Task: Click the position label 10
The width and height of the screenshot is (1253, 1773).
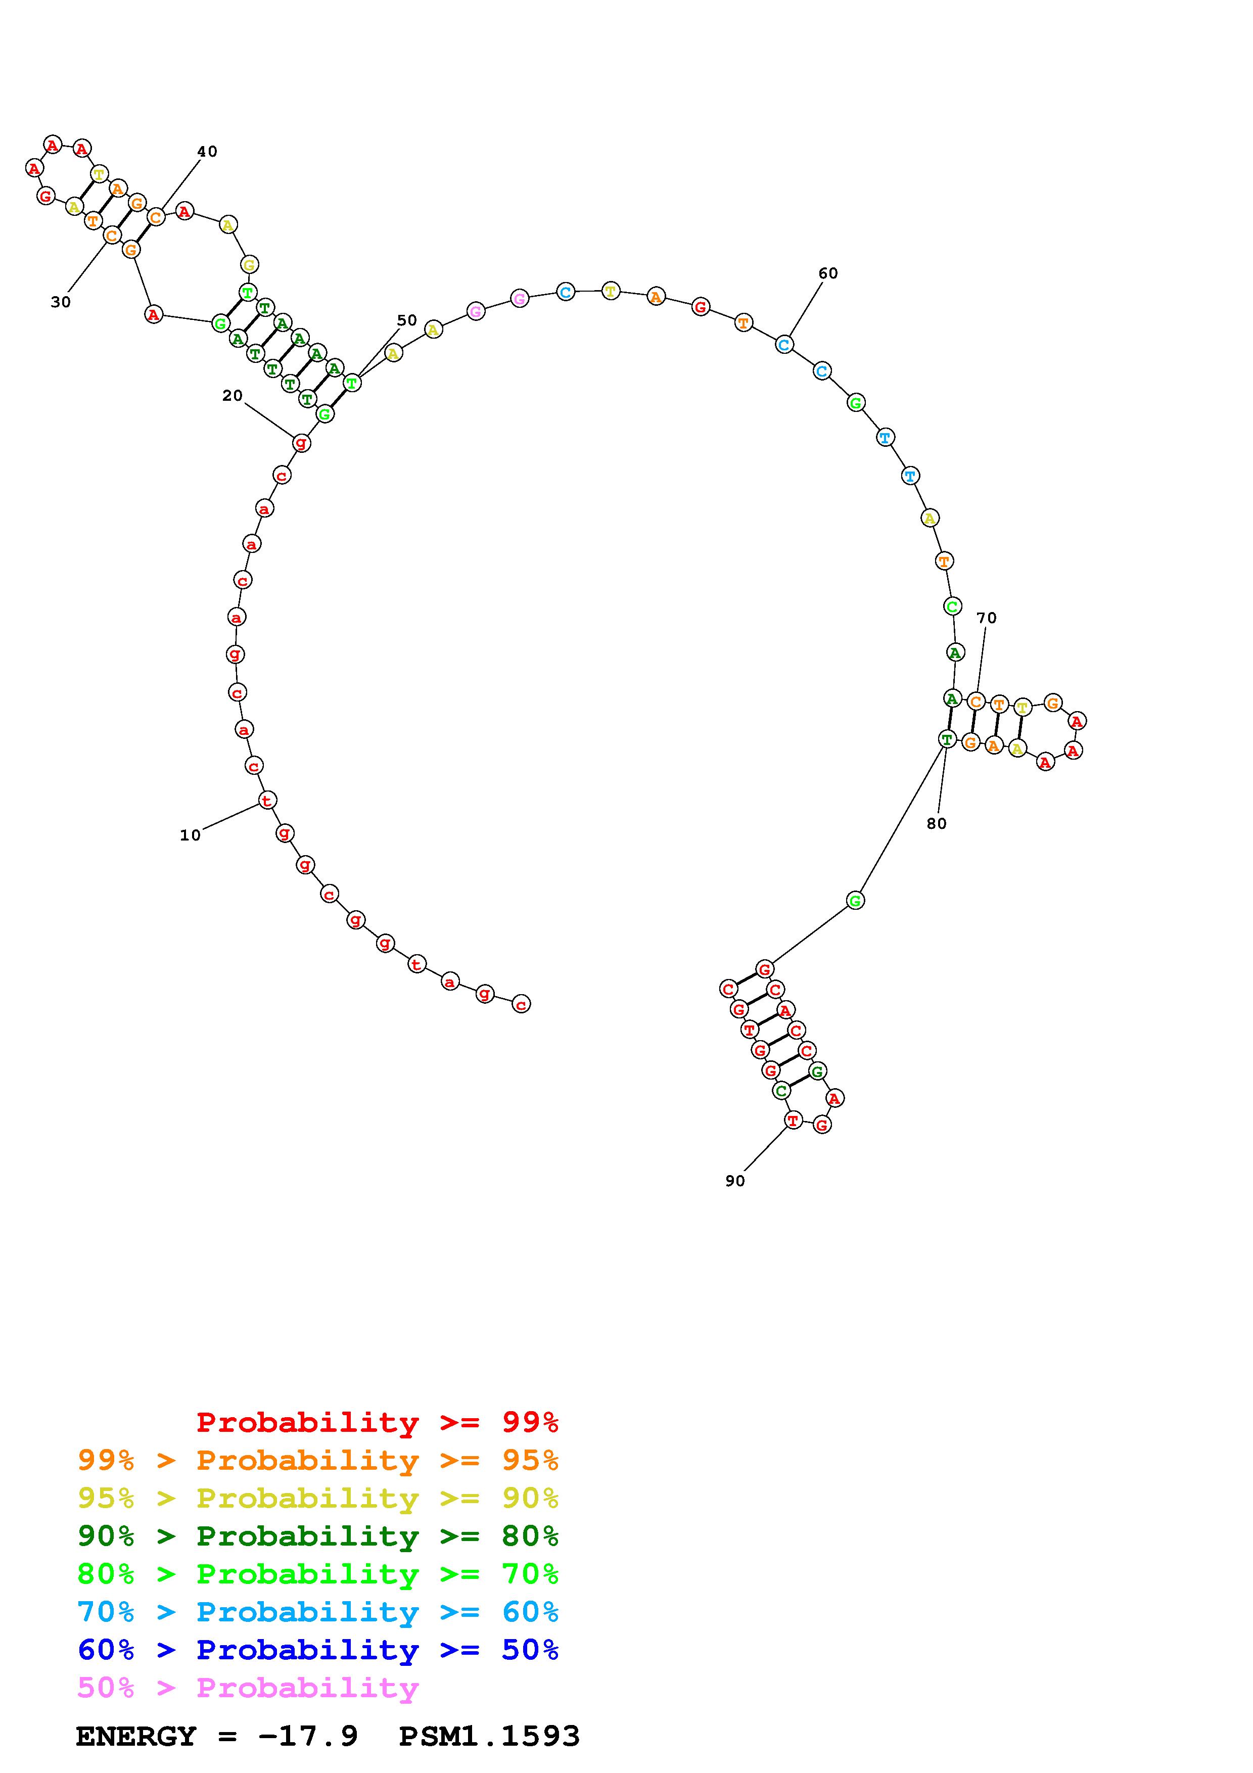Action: (190, 835)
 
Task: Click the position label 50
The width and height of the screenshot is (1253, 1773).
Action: (407, 320)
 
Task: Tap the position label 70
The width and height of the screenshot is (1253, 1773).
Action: (987, 618)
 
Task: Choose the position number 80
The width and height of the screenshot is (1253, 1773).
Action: (937, 823)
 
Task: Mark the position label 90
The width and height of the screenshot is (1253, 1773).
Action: (735, 1181)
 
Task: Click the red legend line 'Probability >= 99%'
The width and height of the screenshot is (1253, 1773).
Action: (378, 1422)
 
